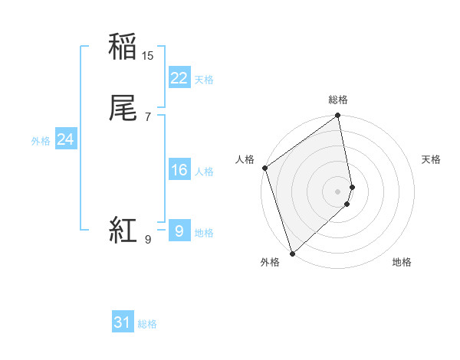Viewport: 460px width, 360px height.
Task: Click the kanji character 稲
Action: tap(123, 47)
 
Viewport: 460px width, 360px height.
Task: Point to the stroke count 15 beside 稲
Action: tap(148, 56)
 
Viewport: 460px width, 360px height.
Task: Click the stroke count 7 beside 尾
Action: tap(148, 116)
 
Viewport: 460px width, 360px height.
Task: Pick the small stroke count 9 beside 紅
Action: tap(148, 240)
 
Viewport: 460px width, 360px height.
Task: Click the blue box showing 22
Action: tap(179, 77)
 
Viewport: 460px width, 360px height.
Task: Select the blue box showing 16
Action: tap(179, 170)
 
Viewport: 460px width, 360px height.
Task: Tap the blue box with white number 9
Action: tap(179, 231)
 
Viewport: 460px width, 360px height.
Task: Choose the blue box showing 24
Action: tap(65, 139)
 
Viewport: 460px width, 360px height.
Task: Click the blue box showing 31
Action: tap(123, 322)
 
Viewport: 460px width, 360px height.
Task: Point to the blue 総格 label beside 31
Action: tap(147, 324)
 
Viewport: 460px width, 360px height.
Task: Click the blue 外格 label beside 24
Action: tap(41, 141)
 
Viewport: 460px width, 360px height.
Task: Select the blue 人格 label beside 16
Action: tap(204, 172)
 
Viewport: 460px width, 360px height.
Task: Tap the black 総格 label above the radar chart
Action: tap(338, 100)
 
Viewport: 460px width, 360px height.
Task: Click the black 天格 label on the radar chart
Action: tap(431, 159)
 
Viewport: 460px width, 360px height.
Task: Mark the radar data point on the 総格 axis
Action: tap(338, 116)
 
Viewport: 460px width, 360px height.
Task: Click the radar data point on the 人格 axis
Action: tap(264, 168)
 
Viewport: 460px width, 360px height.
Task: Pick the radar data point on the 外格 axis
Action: tap(291, 253)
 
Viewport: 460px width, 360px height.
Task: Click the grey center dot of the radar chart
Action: tap(337, 191)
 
